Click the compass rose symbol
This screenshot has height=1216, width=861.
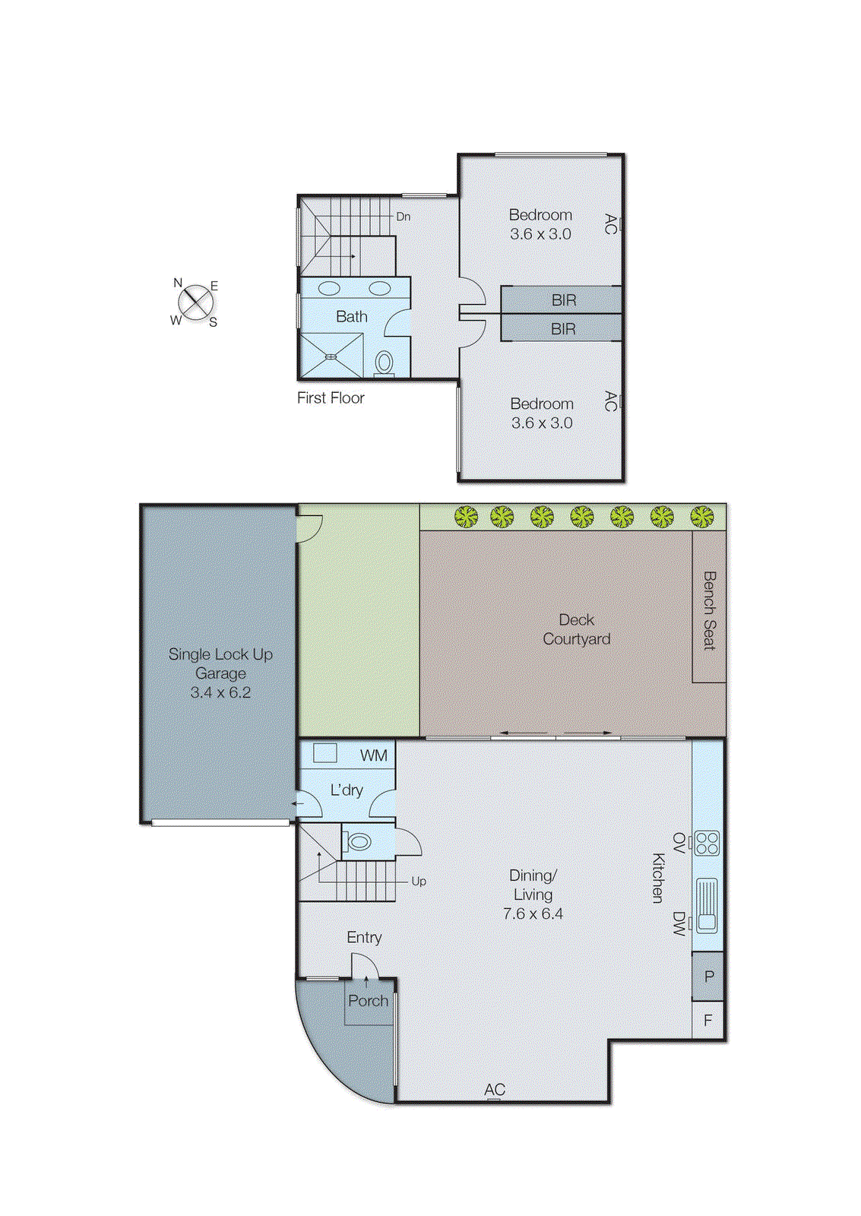196,302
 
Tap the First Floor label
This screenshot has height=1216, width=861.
331,397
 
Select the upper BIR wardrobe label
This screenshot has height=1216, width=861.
563,300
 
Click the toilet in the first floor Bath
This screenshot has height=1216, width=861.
385,363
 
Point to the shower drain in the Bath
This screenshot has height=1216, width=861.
331,356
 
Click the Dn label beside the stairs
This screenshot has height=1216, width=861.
403,217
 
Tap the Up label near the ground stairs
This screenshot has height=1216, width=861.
418,881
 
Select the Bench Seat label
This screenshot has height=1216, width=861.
709,610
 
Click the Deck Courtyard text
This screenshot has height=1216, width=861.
576,629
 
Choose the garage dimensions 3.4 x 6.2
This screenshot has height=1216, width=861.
220,692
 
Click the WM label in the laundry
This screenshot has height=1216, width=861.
373,755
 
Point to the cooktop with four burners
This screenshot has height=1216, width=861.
707,844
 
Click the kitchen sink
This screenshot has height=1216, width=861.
707,904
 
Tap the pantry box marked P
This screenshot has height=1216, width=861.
708,977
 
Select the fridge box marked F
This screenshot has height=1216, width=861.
707,1020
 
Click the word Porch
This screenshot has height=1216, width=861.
368,1001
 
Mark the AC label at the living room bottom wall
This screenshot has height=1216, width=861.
494,1089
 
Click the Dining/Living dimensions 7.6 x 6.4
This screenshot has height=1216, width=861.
532,914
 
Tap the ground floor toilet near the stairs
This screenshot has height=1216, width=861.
359,842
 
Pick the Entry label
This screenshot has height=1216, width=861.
364,937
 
